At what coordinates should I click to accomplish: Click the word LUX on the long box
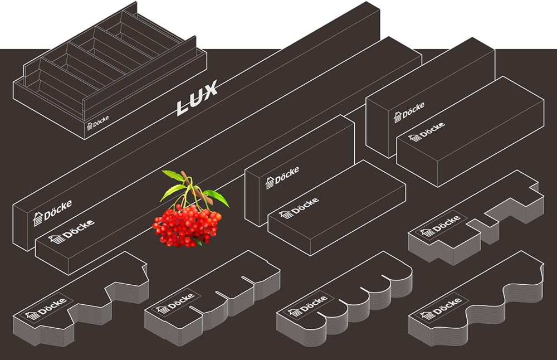point(197,99)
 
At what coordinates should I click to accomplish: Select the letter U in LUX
point(196,99)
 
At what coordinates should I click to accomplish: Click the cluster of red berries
point(185,223)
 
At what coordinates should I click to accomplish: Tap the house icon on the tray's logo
point(89,127)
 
